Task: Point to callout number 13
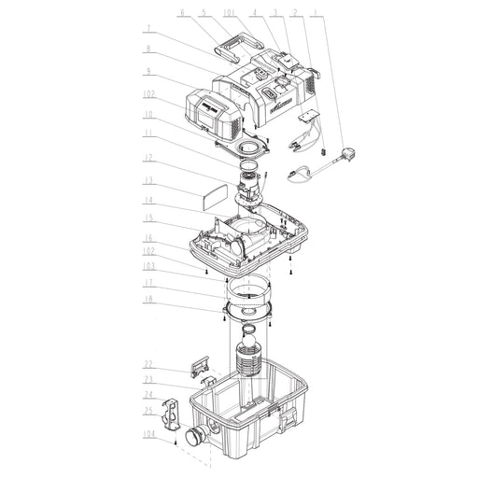pyautogui.click(x=148, y=180)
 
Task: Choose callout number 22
pyautogui.click(x=148, y=363)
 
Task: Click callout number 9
pyautogui.click(x=148, y=72)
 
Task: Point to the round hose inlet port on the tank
pyautogui.click(x=197, y=434)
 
